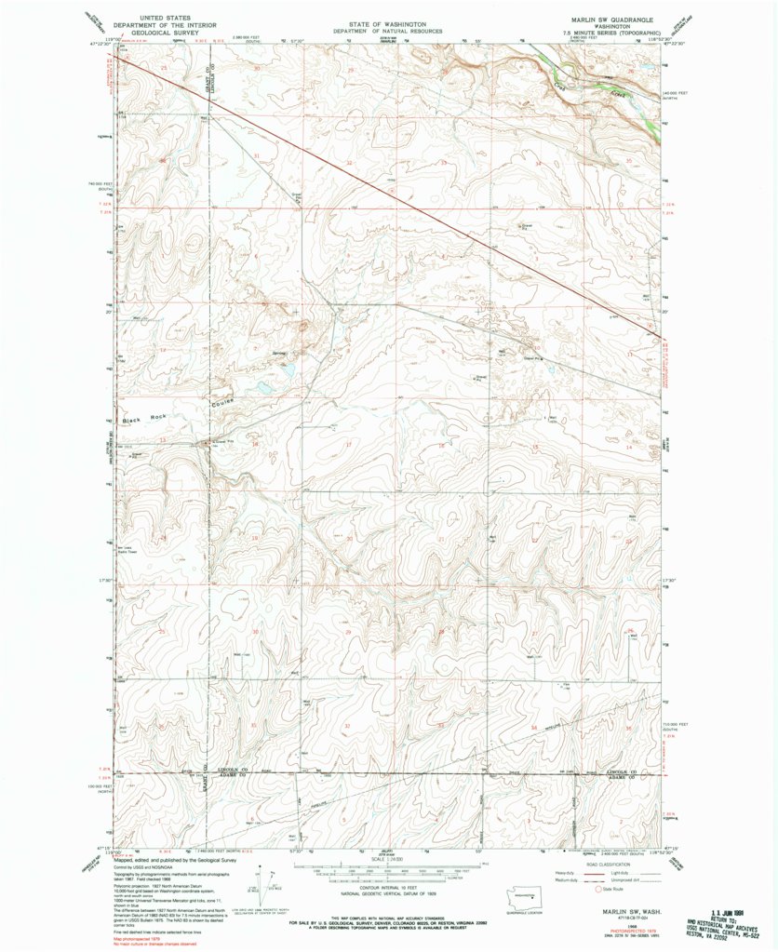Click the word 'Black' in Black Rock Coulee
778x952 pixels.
pos(134,420)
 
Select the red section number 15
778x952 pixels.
pos(535,448)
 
